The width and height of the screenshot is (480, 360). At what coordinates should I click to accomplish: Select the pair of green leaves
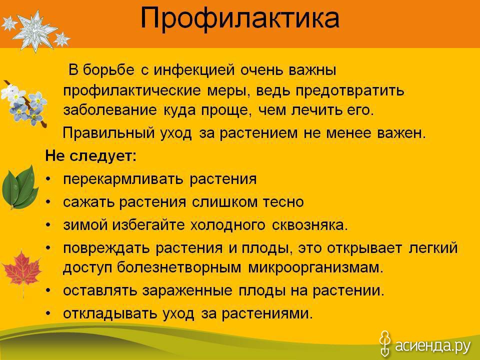20,187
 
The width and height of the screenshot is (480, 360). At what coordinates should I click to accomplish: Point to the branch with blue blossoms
24,103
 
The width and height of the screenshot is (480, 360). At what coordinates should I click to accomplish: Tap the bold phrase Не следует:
90,156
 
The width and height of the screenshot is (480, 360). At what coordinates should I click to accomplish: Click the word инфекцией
194,70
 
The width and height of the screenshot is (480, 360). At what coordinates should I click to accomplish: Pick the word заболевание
110,110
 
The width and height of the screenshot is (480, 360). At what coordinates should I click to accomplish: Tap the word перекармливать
123,179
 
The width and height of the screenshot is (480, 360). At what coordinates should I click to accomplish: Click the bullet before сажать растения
48,202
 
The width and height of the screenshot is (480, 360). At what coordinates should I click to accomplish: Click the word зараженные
187,291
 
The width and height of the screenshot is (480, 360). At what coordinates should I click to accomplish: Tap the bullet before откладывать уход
48,314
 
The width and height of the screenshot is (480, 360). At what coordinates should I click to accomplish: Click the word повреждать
106,248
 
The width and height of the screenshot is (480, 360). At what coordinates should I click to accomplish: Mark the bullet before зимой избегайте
48,225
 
